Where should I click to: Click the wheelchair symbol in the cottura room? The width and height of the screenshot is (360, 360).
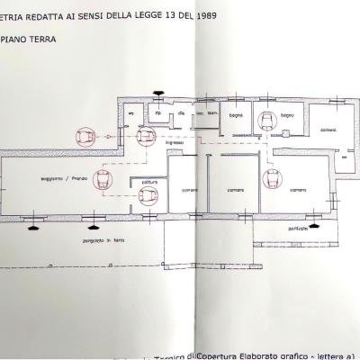pyautogui.click(x=149, y=194)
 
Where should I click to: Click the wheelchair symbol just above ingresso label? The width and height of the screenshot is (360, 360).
pyautogui.click(x=144, y=136)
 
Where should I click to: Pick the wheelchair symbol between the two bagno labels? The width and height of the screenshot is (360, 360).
pyautogui.click(x=268, y=123)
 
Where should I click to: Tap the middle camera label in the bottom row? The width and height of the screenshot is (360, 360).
pyautogui.click(x=234, y=191)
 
